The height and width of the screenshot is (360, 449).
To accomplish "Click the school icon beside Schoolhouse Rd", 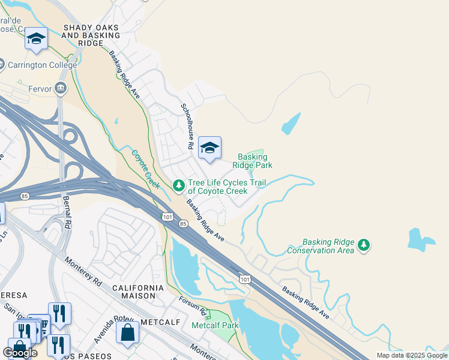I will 209,148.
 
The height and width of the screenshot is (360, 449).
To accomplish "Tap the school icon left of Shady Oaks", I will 36,40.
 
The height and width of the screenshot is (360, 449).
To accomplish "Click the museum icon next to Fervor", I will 60,88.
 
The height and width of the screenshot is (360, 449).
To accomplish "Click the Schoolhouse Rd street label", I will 187,127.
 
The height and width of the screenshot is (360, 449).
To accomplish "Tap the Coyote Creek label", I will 146,169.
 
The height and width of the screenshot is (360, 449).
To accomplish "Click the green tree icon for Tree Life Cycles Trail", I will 178,187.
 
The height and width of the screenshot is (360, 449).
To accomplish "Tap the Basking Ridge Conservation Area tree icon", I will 363,245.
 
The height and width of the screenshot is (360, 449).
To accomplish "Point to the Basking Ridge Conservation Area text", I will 321,246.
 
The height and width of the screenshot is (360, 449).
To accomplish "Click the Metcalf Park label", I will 215,325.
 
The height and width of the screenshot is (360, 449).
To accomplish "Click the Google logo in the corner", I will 20,352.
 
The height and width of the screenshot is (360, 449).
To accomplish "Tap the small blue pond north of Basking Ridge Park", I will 291,124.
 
